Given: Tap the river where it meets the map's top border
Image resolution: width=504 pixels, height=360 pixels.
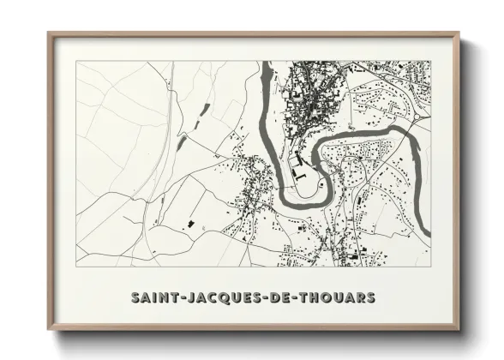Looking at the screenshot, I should (x=267, y=63).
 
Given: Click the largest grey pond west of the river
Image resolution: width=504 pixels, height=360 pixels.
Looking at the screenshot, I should (x=182, y=142).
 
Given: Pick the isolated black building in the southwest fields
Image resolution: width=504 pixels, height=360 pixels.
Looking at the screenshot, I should (x=189, y=224).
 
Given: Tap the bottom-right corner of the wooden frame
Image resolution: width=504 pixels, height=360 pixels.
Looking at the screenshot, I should (x=458, y=328).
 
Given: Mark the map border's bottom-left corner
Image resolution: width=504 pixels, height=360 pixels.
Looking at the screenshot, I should (x=76, y=266).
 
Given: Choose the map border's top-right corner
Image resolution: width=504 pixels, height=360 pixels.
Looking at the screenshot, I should (x=430, y=61).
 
